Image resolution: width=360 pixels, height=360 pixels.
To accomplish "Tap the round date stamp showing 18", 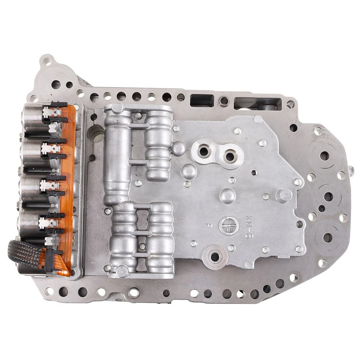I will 229,225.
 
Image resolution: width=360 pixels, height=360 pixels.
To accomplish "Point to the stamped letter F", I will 209,225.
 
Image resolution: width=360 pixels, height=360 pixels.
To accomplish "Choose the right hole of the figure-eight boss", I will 230,154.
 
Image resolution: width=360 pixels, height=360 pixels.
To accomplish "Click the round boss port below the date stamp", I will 215,257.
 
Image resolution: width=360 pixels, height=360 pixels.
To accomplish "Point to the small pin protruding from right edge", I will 351,171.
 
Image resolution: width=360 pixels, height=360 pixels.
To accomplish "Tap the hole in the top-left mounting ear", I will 47,60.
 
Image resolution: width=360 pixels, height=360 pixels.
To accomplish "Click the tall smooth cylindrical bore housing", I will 117,157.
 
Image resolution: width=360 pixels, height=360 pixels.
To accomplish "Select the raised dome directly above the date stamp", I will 228,196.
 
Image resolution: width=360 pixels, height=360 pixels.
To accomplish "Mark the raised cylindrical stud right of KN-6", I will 285,195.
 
